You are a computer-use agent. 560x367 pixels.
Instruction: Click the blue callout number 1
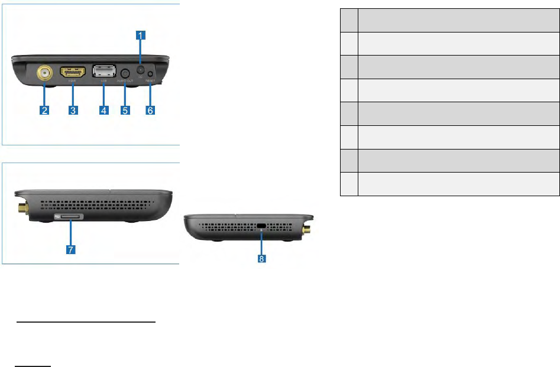pyautogui.click(x=140, y=35)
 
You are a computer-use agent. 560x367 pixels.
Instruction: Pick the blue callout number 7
pyautogui.click(x=70, y=250)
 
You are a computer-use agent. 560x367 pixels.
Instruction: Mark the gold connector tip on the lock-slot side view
pyautogui.click(x=309, y=228)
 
